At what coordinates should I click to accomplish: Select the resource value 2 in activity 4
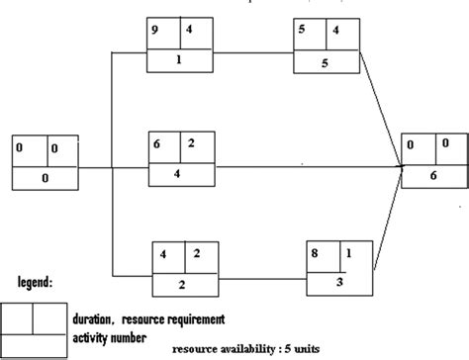190,143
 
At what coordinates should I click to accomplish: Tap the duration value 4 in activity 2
164,253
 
